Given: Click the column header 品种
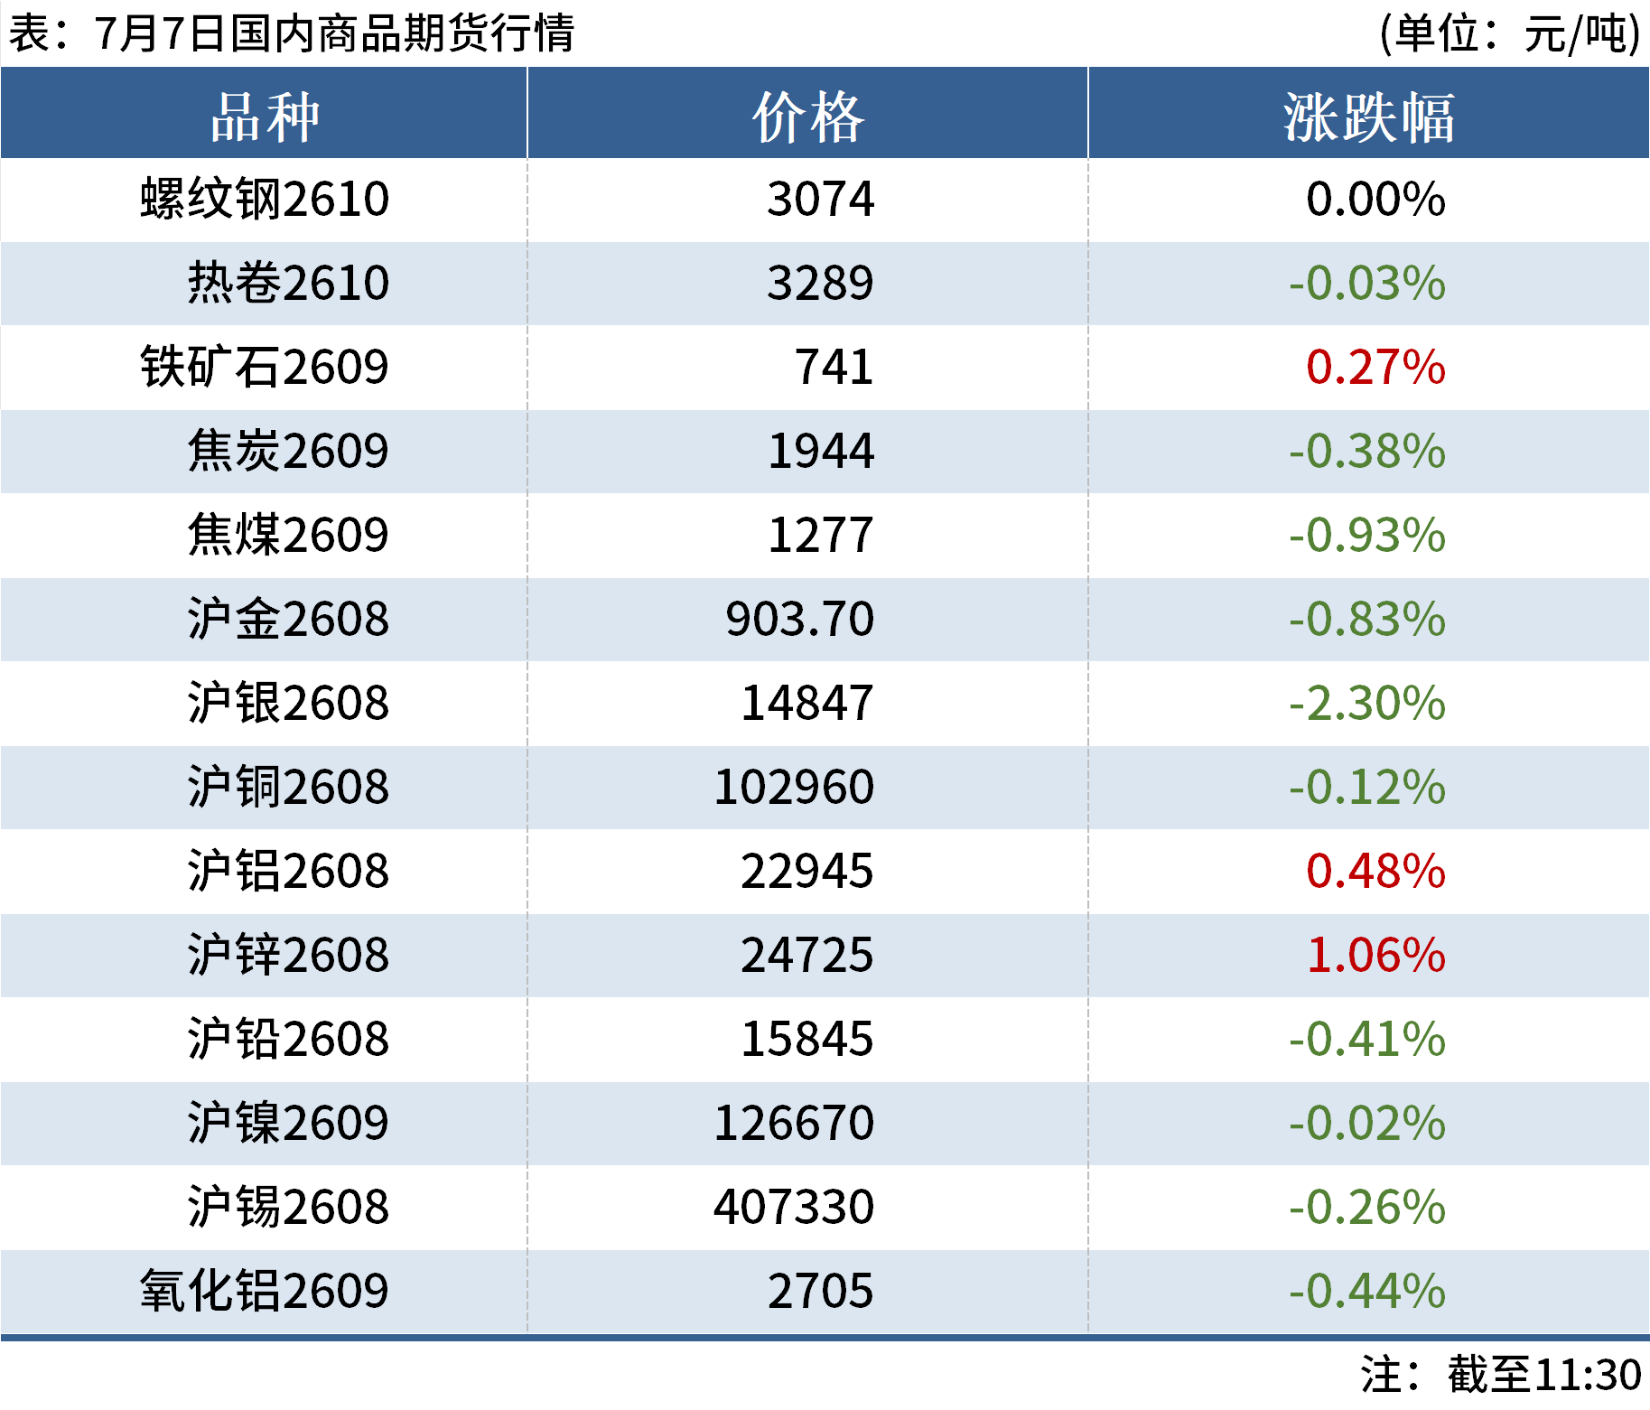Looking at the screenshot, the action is tap(265, 117).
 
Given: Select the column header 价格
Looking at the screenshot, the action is tap(808, 117).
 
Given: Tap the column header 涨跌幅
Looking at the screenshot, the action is tap(1368, 117).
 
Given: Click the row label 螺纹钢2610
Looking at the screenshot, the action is tap(265, 199).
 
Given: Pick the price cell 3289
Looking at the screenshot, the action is tap(820, 283).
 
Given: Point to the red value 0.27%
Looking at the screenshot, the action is tap(1375, 367).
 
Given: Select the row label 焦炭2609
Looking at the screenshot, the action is tap(288, 451).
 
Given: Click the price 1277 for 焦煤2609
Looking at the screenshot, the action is tap(820, 535).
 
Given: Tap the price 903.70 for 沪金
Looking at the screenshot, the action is tap(799, 619).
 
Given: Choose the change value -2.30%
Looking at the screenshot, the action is tap(1366, 703).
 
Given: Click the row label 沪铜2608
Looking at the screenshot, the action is tap(288, 787).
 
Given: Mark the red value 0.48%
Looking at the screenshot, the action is tap(1375, 871).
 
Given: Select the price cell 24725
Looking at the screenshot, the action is tap(807, 955).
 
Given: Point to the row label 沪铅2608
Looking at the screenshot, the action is tap(288, 1039).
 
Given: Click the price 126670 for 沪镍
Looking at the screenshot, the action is tap(794, 1123).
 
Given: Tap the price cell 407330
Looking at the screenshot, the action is tap(794, 1207).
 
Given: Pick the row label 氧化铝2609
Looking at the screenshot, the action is tap(265, 1291).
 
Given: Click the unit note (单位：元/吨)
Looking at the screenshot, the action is tap(1509, 33).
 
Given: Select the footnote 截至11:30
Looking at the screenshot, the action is tap(1544, 1375).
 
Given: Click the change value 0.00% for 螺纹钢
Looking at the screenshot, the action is tap(1375, 199).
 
